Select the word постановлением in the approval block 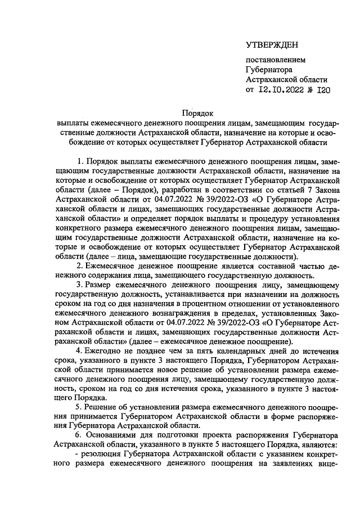[273, 60]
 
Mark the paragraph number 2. [80, 265]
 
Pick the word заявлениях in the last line [297, 466]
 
